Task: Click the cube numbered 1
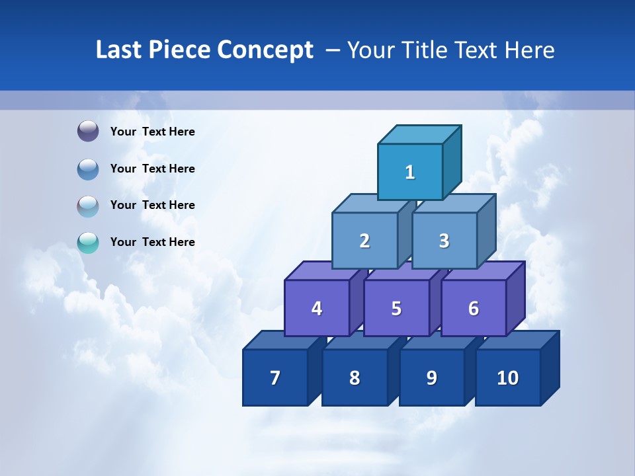[x=410, y=172]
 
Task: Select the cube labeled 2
[x=364, y=241]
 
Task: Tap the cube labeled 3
[x=444, y=241]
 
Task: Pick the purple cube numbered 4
[x=317, y=308]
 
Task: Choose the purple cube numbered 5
[x=396, y=308]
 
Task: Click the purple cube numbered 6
[x=474, y=308]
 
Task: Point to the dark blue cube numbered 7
[x=275, y=377]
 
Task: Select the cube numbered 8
[x=355, y=377]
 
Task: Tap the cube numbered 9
[x=431, y=377]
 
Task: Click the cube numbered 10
[x=508, y=377]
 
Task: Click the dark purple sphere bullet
[x=88, y=132]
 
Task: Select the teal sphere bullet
[x=88, y=243]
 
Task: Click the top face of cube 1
[x=419, y=134]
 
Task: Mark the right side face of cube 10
[x=550, y=368]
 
